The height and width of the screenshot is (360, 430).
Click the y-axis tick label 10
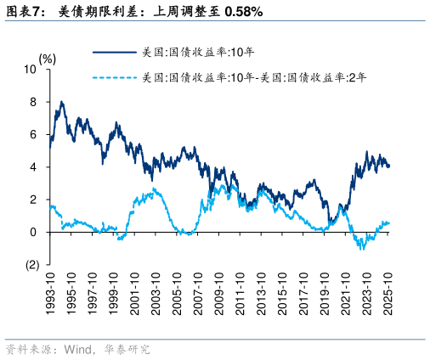[x=32, y=70]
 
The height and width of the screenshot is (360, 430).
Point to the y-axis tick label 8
[x=35, y=102]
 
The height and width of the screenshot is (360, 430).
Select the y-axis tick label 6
[x=35, y=134]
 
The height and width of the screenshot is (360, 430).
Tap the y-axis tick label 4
[x=35, y=167]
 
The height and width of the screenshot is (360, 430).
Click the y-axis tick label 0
[x=35, y=232]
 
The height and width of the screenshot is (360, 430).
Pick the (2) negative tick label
[x=32, y=264]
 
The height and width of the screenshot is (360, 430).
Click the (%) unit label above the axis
[x=48, y=59]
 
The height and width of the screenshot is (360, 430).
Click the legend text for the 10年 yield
[x=204, y=52]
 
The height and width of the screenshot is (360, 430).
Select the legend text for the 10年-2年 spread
[x=254, y=78]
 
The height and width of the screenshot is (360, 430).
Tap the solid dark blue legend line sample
[x=114, y=52]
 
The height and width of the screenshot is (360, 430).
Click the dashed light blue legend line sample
[x=114, y=78]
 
